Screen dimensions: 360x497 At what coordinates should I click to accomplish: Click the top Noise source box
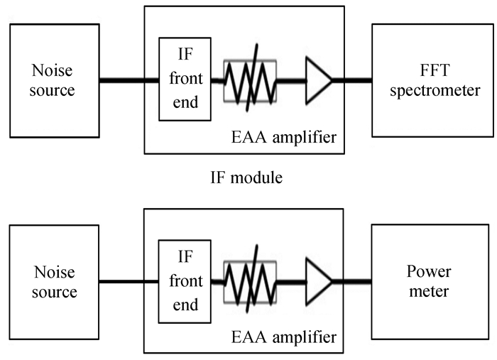53,81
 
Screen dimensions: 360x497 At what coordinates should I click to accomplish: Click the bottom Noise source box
53,282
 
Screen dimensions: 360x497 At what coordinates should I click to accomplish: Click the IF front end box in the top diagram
185,79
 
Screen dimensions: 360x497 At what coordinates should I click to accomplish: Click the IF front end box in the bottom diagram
185,280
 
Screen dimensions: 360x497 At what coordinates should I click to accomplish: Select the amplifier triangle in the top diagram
317,80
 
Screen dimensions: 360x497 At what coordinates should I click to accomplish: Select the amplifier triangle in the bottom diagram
317,282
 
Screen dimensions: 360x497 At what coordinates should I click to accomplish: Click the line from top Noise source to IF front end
129,80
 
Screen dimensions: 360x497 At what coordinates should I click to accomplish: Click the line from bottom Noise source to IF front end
129,282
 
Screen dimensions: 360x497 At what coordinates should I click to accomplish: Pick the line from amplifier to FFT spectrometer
352,80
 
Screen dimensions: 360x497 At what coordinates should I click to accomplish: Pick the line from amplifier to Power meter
352,282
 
